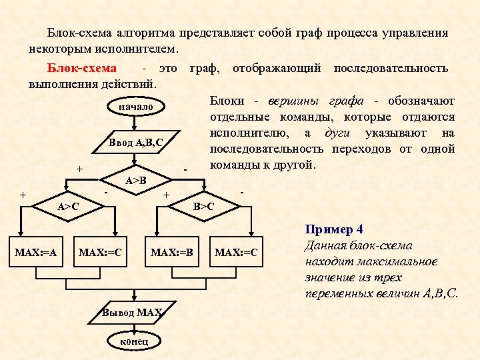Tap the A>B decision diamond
click(136, 180)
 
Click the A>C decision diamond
click(68, 207)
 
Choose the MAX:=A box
click(35, 253)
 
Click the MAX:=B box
click(172, 253)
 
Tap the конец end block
click(135, 341)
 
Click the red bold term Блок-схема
click(81, 69)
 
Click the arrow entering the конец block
click(135, 327)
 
